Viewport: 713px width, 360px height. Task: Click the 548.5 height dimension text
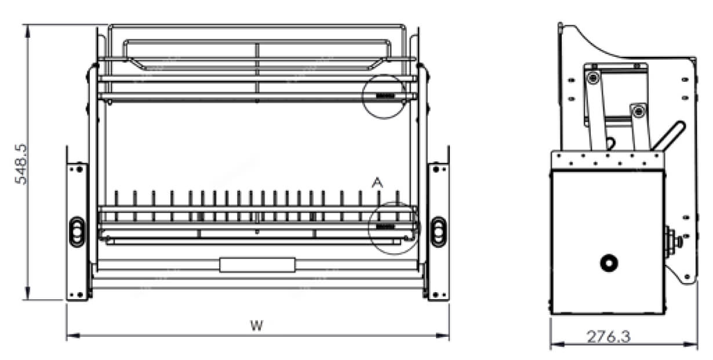point(21,164)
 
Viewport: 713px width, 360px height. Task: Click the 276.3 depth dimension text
point(608,337)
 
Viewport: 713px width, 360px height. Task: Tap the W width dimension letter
point(257,325)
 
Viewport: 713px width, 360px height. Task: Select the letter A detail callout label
point(377,183)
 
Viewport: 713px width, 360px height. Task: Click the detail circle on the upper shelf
point(362,96)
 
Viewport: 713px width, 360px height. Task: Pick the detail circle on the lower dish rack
point(369,228)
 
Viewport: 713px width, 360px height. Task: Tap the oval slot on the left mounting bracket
point(77,232)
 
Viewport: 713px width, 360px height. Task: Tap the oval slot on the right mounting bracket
point(438,232)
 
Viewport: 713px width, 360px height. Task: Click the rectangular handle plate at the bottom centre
point(257,265)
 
